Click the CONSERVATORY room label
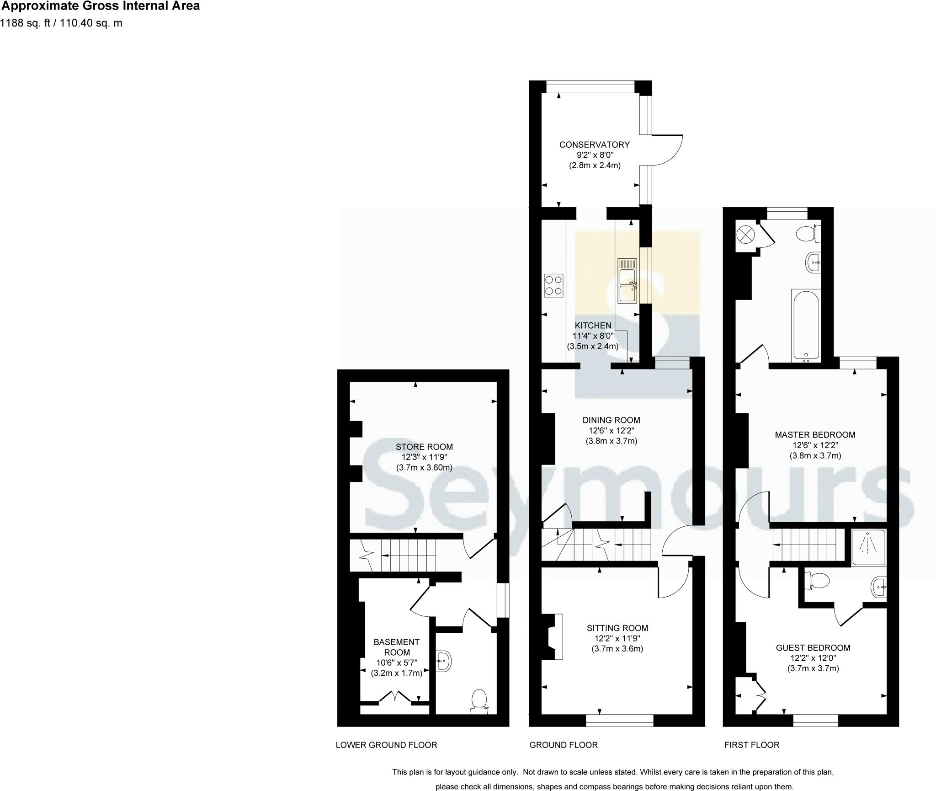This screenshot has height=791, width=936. pos(594,144)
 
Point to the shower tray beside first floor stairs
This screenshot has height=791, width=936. pos(868,547)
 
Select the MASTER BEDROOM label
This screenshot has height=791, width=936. pos(815,435)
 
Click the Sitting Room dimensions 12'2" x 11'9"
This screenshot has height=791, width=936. pos(617,639)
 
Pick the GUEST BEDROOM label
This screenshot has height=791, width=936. pos(813,648)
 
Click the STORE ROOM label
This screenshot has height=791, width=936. pos(424,447)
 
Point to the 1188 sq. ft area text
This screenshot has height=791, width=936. pos(61,23)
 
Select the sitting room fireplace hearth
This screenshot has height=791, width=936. pos(558,637)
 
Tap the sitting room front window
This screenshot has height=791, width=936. pos(619,721)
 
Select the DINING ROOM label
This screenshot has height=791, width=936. pos(611,420)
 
